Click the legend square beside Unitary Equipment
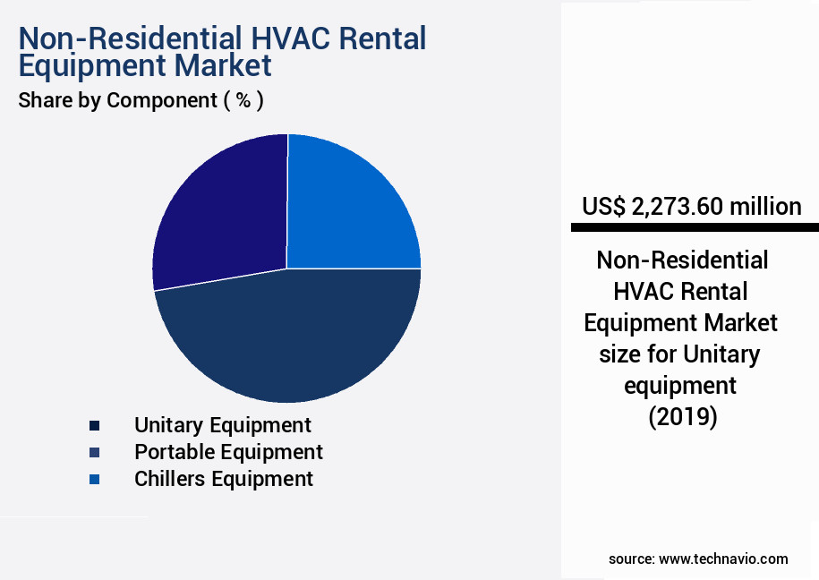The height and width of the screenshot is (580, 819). click(95, 426)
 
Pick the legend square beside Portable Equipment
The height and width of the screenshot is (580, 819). click(95, 453)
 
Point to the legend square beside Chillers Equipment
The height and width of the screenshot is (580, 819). click(95, 479)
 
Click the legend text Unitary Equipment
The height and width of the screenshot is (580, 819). click(223, 425)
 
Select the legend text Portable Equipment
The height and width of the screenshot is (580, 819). click(229, 452)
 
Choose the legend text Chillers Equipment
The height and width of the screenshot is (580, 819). click(224, 479)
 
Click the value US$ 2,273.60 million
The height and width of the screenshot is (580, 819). click(692, 207)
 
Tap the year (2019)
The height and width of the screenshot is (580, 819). click(683, 416)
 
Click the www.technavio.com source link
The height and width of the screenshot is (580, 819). click(723, 559)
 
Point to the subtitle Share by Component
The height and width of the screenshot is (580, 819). click(117, 100)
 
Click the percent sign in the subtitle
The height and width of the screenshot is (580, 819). click(243, 99)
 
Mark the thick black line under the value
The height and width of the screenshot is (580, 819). click(695, 227)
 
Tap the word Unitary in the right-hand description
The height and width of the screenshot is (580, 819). click(721, 354)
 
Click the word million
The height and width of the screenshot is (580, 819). click(765, 207)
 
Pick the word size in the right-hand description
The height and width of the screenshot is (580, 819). click(620, 354)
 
